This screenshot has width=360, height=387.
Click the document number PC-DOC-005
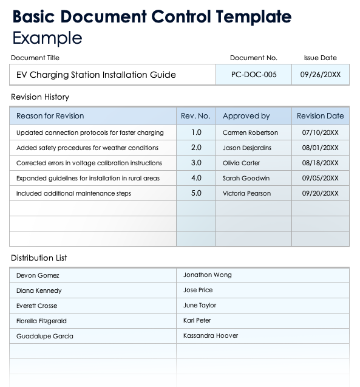pyautogui.click(x=254, y=75)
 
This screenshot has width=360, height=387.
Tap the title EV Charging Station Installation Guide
pyautogui.click(x=96, y=75)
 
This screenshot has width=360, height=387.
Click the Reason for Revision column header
pyautogui.click(x=50, y=115)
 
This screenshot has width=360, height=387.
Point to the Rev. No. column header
pyautogui.click(x=195, y=115)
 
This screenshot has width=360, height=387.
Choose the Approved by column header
pyautogui.click(x=246, y=115)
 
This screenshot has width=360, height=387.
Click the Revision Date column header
pyautogui.click(x=320, y=115)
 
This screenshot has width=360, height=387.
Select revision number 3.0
pyautogui.click(x=196, y=163)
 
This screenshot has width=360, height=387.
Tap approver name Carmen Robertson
pyautogui.click(x=250, y=132)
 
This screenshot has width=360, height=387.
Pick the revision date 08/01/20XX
pyautogui.click(x=320, y=148)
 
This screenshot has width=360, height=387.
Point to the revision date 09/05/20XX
pyautogui.click(x=320, y=178)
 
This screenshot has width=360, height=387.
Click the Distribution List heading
pyautogui.click(x=39, y=258)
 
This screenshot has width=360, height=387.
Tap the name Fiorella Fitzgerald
pyautogui.click(x=41, y=321)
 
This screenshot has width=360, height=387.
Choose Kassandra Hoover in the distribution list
pyautogui.click(x=210, y=335)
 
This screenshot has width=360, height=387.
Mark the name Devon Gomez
pyautogui.click(x=38, y=275)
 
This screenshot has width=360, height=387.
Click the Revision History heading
pyautogui.click(x=40, y=97)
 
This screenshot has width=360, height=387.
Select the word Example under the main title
pyautogui.click(x=47, y=38)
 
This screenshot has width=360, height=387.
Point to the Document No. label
pyautogui.click(x=253, y=58)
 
